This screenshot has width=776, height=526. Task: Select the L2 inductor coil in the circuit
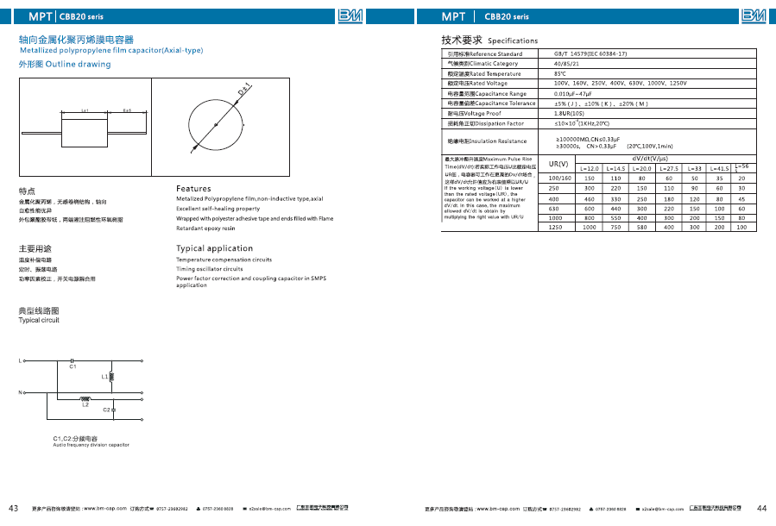pos(85,398)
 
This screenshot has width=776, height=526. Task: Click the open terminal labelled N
pos(20,392)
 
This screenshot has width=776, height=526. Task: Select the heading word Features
pos(193,189)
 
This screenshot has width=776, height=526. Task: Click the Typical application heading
pos(214,248)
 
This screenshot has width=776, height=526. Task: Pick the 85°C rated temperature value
pos(560,73)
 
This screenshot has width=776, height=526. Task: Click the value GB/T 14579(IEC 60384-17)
pos(590,53)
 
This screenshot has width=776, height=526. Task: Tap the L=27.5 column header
pos(669,168)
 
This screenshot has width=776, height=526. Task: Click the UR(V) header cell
pos(559,163)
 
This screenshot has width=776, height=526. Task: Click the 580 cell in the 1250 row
pos(642,227)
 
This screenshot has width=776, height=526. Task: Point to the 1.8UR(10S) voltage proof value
pos(569,113)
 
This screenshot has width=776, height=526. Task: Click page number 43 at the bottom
pos(13,507)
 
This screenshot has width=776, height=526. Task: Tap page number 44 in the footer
pos(761,507)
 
